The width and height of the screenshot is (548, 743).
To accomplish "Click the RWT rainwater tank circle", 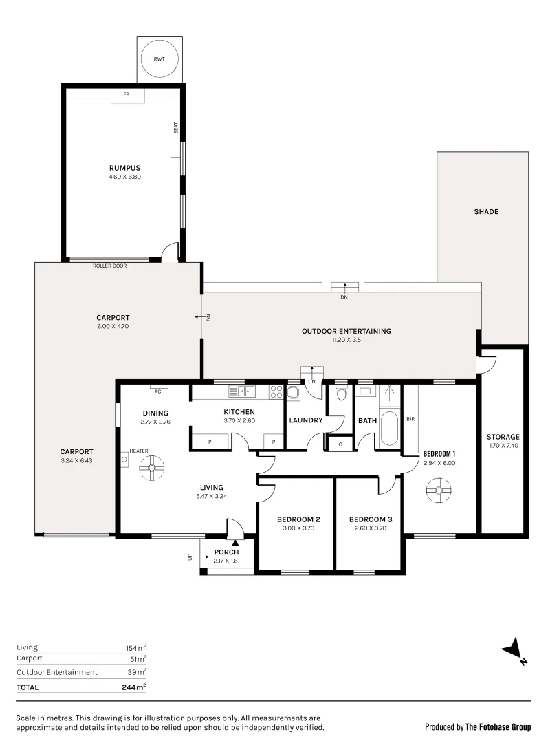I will point(159,59).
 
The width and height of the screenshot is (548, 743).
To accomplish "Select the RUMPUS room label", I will point(124,167).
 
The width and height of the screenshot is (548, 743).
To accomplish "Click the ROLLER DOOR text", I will point(110,265).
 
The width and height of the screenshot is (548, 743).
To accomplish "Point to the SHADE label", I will point(485,212).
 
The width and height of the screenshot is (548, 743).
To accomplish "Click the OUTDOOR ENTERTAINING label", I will point(346,331).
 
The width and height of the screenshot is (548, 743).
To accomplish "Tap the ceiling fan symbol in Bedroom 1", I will point(437,491).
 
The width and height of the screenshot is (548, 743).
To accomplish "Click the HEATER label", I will point(139,451).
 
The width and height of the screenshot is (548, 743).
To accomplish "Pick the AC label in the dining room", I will point(157,391).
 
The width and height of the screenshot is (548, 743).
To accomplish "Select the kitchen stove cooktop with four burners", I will point(276,392).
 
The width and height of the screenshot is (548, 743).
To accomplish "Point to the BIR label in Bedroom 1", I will point(410,418).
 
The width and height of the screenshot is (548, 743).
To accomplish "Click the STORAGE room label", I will point(503,437).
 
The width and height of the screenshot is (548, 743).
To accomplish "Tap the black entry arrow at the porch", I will point(235,543).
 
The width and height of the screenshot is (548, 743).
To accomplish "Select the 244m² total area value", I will point(133,687).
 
